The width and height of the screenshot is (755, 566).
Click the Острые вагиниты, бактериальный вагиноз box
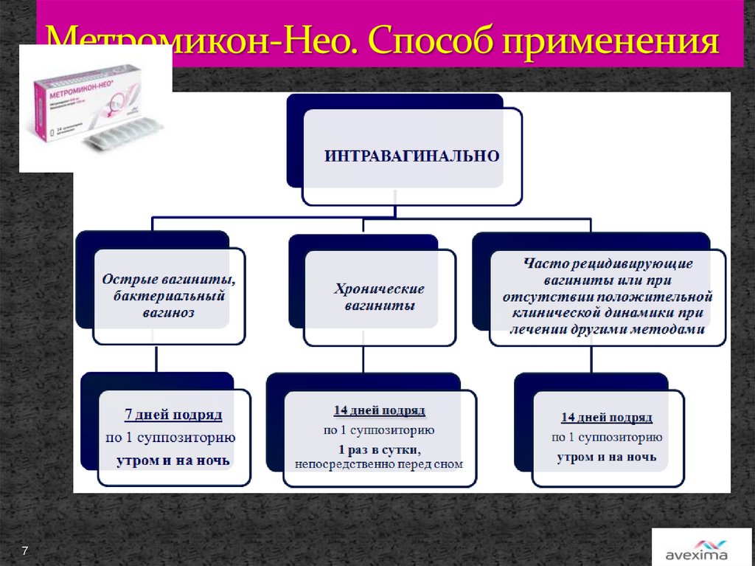click(x=169, y=296)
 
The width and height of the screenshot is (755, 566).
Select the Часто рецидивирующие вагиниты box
click(x=608, y=296)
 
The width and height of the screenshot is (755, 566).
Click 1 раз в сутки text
click(x=379, y=449)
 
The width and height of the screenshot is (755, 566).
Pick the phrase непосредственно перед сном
click(x=379, y=464)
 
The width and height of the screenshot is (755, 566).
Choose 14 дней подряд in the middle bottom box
click(x=379, y=410)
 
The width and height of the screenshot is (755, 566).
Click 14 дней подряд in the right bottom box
click(x=607, y=418)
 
